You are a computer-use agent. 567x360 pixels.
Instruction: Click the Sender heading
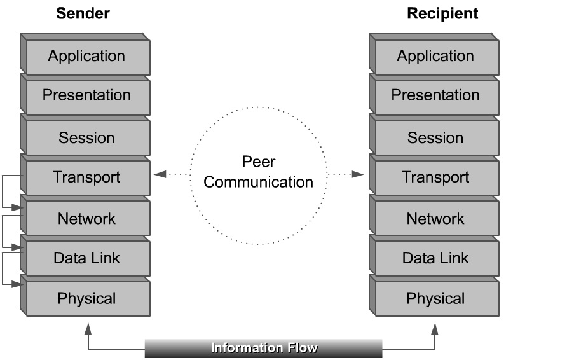click(x=83, y=13)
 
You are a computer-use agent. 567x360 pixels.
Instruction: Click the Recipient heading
click(x=442, y=13)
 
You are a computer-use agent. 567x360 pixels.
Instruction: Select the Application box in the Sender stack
click(x=87, y=57)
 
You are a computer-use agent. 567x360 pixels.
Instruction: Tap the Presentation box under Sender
click(x=87, y=96)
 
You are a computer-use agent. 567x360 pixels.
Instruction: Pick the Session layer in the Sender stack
click(x=87, y=138)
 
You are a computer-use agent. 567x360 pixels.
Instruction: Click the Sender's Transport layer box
click(x=87, y=177)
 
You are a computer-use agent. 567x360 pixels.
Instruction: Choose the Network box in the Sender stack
click(x=87, y=219)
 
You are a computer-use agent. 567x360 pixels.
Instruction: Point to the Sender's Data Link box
click(x=87, y=259)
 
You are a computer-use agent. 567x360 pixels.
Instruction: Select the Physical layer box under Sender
click(x=87, y=299)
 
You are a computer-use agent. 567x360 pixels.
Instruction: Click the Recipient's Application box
click(x=436, y=57)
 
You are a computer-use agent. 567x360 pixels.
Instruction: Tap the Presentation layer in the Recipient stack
click(x=436, y=96)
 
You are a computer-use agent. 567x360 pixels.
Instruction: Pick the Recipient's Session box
click(x=436, y=138)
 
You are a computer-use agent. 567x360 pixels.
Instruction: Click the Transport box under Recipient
click(x=436, y=177)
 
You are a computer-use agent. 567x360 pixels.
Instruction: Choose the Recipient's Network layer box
click(x=436, y=219)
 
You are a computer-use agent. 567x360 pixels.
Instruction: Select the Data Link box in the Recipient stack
click(x=436, y=259)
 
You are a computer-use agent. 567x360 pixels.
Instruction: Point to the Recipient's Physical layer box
click(x=436, y=299)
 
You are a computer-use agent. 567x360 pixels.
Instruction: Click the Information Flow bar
click(x=264, y=349)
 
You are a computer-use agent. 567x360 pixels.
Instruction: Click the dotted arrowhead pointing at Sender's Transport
click(x=159, y=174)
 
